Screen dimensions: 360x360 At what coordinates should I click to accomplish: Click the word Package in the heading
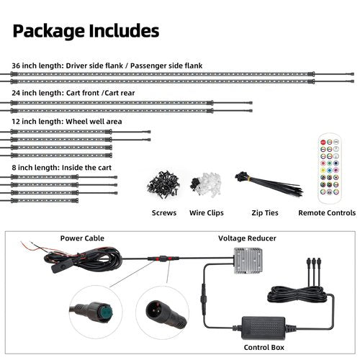click(x=49, y=32)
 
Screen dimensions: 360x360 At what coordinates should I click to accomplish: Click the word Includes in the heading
click(x=124, y=31)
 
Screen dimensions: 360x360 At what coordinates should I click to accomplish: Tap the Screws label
click(x=164, y=213)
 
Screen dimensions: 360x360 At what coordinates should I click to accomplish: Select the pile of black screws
click(x=163, y=184)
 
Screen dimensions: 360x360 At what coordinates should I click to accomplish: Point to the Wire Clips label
click(x=207, y=213)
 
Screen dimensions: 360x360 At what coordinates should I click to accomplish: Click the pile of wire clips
click(x=205, y=184)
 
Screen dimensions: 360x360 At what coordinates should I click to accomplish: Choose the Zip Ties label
click(x=265, y=213)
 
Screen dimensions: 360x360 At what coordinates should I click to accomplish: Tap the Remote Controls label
click(x=327, y=213)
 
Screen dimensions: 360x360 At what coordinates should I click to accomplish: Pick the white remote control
click(x=330, y=168)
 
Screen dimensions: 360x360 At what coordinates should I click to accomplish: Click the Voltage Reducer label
click(x=247, y=238)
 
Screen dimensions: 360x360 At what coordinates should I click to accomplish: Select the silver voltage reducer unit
click(x=248, y=261)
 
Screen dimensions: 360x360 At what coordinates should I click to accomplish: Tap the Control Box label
click(x=264, y=347)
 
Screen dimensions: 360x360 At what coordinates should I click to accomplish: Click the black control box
click(x=264, y=328)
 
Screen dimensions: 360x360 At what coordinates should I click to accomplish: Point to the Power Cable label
click(x=82, y=238)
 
